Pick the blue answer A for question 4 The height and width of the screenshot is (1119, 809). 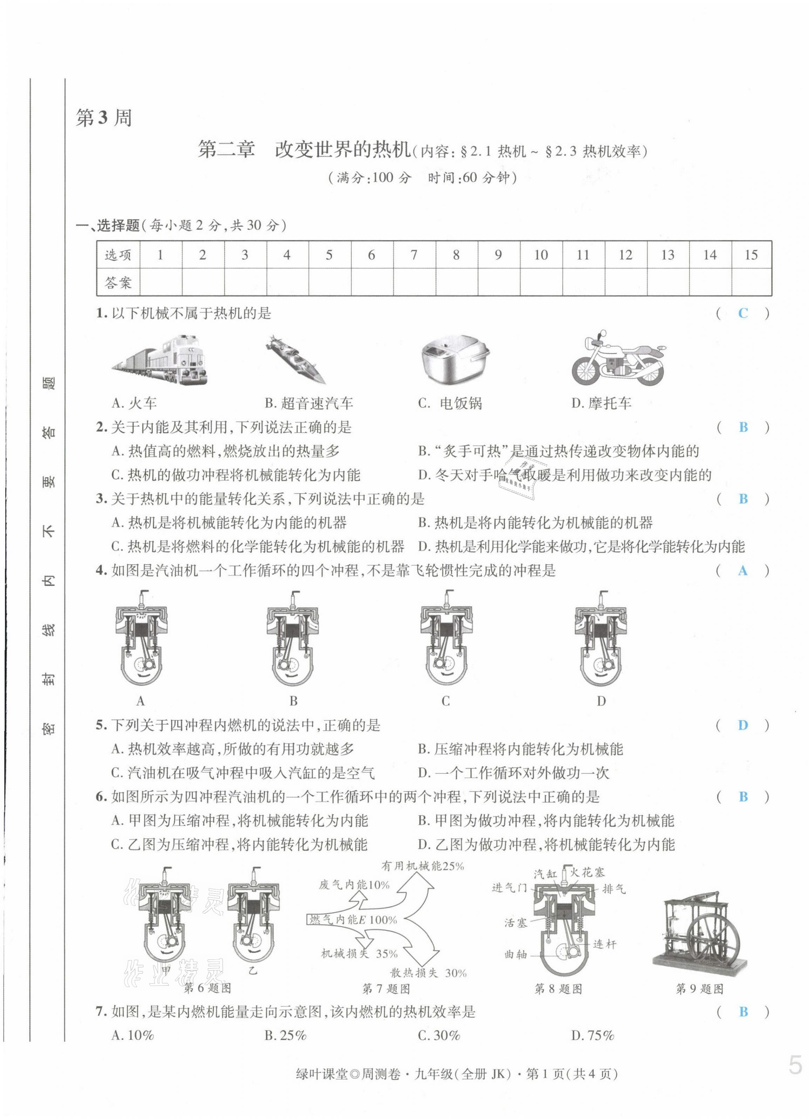[743, 571]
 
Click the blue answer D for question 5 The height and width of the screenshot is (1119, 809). [743, 725]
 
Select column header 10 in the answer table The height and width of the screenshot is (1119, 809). [541, 255]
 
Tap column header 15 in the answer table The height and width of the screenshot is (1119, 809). [751, 255]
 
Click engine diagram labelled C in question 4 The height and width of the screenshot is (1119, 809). [446, 639]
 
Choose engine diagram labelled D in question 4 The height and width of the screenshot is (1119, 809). [601, 639]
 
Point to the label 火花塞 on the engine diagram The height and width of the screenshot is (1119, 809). [587, 873]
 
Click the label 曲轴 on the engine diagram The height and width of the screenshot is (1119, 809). [516, 955]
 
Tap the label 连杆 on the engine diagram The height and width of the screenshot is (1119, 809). [604, 944]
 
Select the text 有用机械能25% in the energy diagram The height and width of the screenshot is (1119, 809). [423, 866]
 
